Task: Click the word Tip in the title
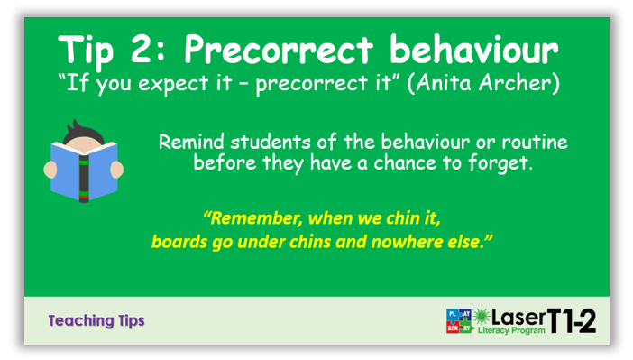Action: coord(87,50)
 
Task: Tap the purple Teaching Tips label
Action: coord(96,320)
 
